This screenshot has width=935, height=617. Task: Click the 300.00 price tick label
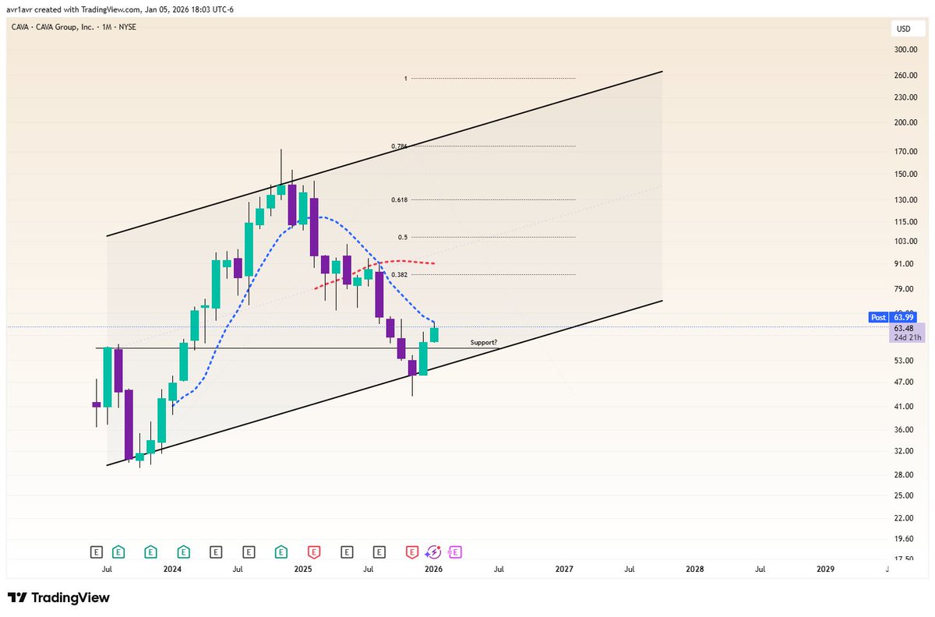905,49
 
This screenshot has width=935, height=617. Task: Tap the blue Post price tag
878,317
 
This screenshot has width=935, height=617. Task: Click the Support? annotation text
483,342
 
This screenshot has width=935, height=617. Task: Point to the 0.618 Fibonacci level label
399,199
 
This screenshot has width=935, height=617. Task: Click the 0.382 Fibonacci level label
399,274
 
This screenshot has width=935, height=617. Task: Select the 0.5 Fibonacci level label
402,237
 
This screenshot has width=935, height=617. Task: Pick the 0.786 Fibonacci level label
399,146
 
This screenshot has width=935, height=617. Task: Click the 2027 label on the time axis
564,569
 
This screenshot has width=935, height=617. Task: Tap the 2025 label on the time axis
302,569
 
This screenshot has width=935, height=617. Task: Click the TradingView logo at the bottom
58,598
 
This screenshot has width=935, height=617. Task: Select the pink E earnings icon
454,552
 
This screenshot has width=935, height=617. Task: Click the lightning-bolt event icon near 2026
433,552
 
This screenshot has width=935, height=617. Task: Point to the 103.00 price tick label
905,241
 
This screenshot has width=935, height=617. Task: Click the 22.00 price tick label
904,517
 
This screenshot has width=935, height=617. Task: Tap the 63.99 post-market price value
903,317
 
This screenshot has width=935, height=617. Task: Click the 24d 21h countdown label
907,337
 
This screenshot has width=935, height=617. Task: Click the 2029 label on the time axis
825,569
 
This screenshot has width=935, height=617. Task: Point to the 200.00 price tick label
905,122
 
